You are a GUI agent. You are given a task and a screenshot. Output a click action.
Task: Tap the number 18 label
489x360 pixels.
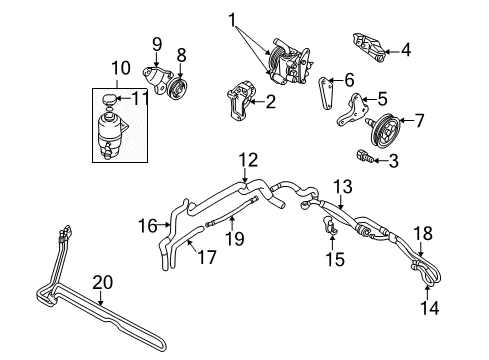[x=424, y=233]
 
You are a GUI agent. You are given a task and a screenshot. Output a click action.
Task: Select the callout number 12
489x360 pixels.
[x=247, y=158]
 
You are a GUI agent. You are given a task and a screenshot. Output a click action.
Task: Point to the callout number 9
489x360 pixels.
[x=156, y=43]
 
